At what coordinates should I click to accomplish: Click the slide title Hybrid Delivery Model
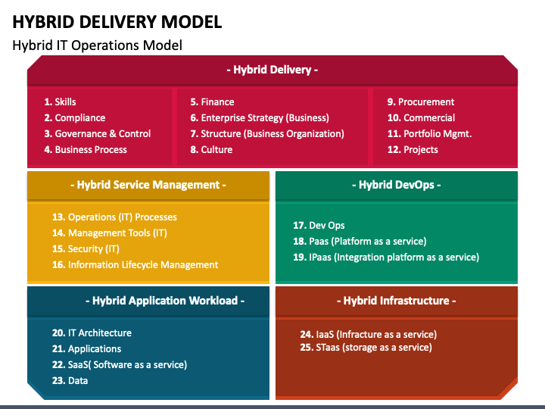click(117, 20)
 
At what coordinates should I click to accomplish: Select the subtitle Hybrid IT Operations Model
click(97, 45)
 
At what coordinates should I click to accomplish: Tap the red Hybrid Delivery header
click(272, 70)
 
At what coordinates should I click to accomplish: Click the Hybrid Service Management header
click(148, 185)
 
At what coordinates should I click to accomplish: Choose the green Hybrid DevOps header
click(397, 185)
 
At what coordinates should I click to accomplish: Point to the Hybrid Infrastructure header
click(396, 301)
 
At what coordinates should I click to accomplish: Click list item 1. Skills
click(61, 101)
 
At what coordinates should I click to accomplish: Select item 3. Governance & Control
click(98, 133)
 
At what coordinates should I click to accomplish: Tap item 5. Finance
click(213, 101)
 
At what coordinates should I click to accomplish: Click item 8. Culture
click(211, 149)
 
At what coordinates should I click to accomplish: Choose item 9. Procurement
click(421, 101)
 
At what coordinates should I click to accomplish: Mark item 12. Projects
click(413, 149)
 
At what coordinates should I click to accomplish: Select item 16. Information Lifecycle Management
click(135, 264)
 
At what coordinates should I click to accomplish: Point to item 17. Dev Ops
click(319, 225)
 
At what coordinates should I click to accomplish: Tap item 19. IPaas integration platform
click(386, 257)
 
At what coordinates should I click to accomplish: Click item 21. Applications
click(87, 348)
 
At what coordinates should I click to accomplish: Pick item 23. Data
click(70, 380)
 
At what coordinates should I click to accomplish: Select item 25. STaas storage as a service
click(366, 348)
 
